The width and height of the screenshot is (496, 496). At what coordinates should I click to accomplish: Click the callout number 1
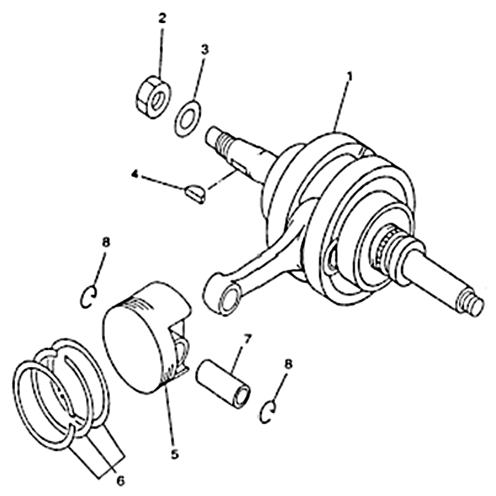[350, 77]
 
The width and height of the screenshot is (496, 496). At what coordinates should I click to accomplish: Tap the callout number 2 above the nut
[162, 19]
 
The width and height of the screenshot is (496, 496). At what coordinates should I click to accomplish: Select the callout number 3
[205, 50]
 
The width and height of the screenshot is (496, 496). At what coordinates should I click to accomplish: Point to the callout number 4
[135, 174]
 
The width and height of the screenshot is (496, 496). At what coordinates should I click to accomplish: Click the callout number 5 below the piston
[175, 454]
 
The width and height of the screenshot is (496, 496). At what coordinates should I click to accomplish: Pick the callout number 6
[120, 481]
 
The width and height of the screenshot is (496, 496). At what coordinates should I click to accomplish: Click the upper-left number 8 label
[105, 242]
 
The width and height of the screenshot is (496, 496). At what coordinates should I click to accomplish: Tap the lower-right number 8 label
[288, 364]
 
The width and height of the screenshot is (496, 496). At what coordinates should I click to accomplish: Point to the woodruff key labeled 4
[195, 194]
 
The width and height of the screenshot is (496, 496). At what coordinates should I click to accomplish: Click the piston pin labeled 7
[223, 383]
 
